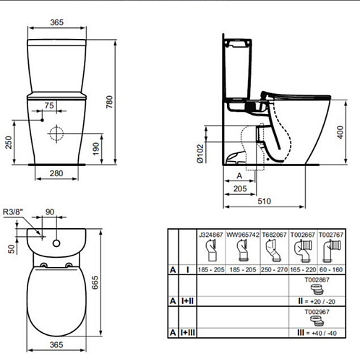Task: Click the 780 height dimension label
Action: tap(110, 102)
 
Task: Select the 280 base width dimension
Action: tap(56, 173)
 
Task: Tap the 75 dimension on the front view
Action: tap(49, 105)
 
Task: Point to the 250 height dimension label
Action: tap(9, 142)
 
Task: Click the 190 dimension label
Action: tap(96, 149)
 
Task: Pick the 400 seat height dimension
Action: tap(340, 132)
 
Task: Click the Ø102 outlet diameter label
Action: tap(200, 154)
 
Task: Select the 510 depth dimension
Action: tap(265, 201)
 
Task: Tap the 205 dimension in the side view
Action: tap(240, 188)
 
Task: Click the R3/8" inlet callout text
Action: tap(13, 212)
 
